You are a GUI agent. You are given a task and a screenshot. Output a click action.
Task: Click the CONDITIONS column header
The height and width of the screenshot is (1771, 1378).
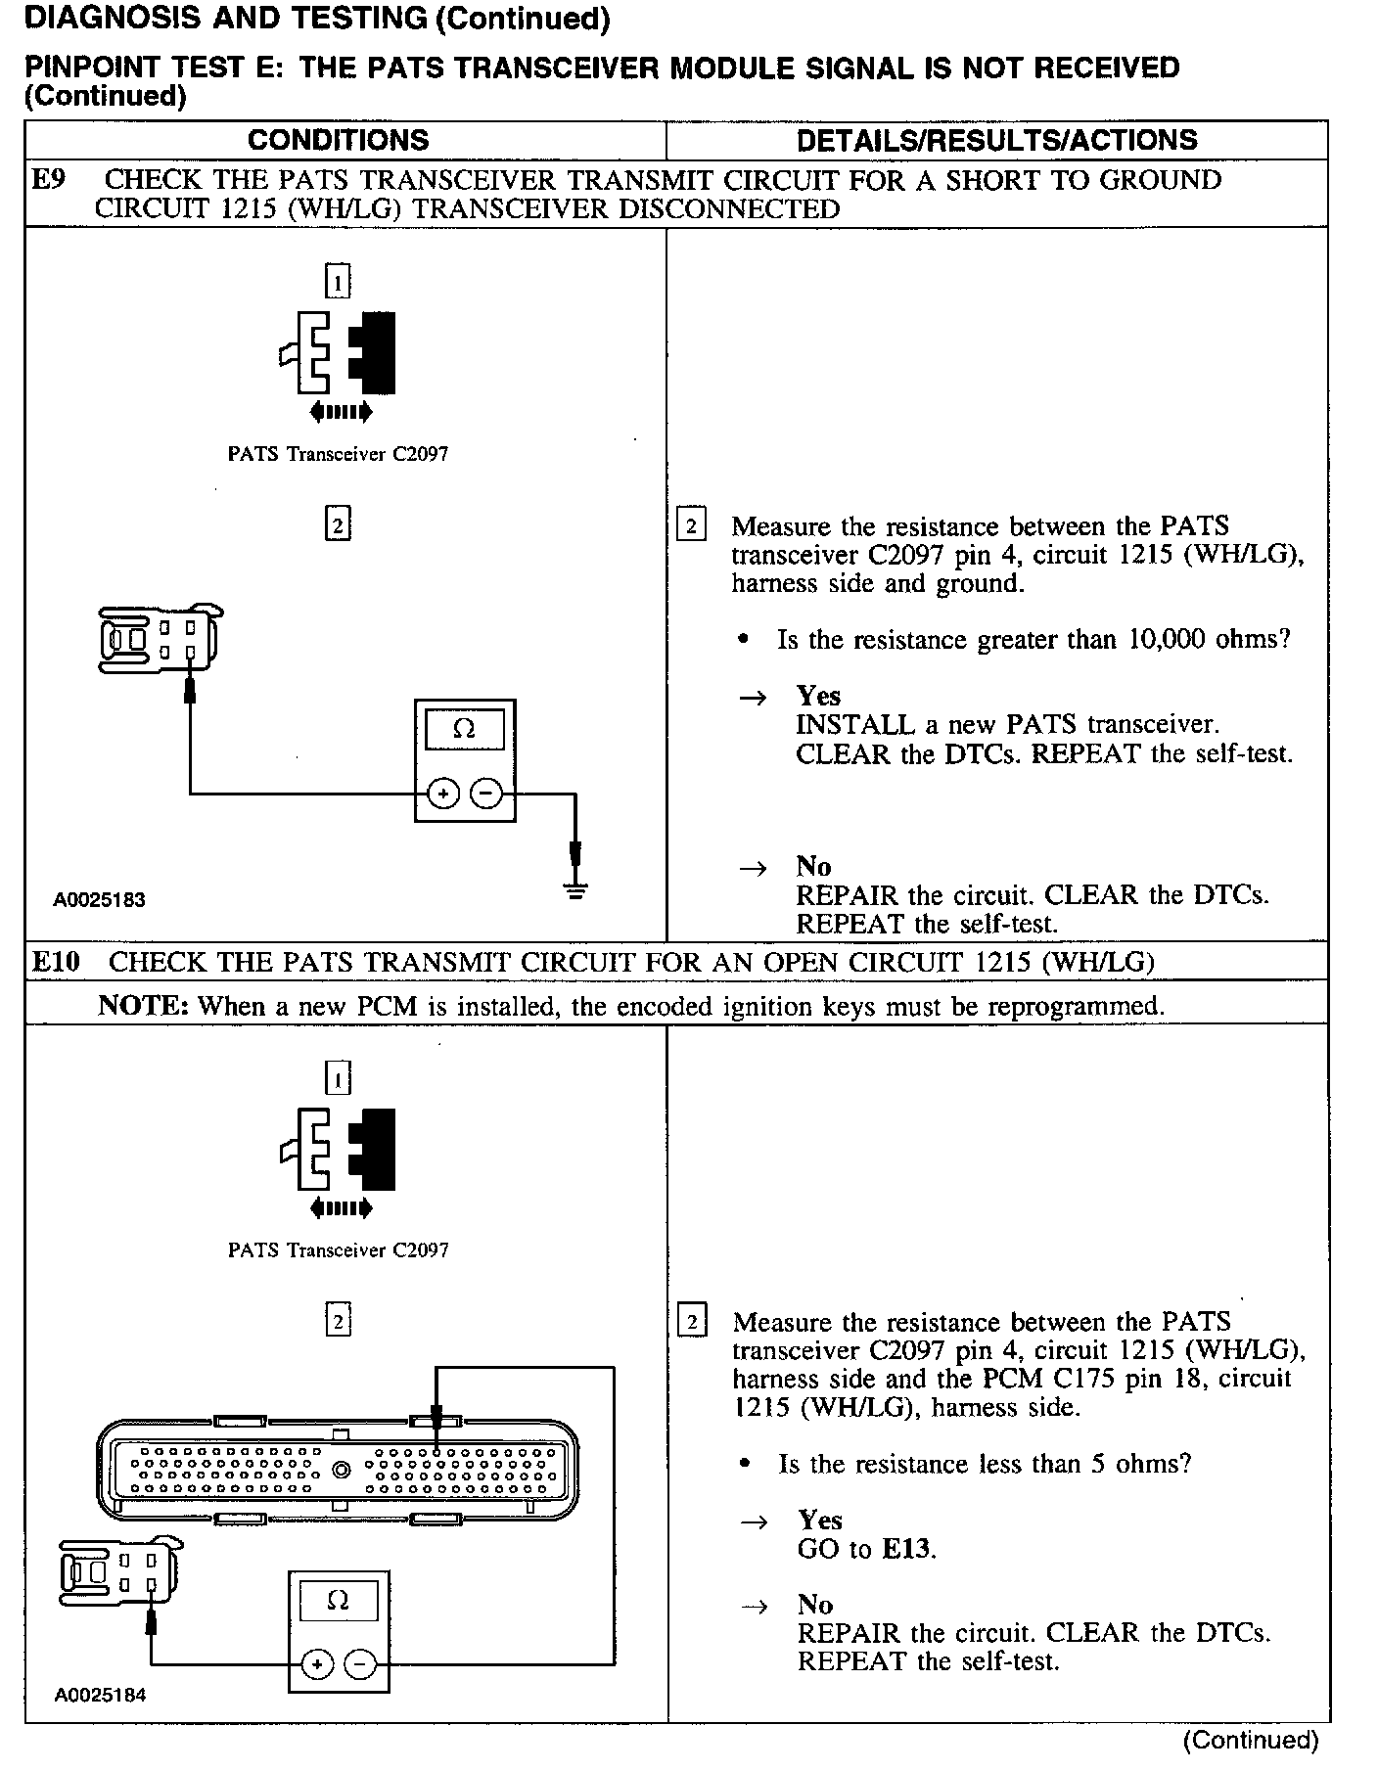338,140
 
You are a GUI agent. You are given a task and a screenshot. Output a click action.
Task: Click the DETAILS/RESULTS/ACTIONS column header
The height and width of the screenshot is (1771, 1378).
996,140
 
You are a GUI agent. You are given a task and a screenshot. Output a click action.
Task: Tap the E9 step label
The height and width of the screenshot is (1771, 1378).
48,180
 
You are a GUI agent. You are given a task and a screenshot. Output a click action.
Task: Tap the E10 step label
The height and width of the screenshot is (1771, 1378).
55,962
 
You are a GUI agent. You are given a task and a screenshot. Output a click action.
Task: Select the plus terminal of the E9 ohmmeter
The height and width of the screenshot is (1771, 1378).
443,794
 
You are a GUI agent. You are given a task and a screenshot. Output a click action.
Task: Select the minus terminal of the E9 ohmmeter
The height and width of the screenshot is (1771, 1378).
486,794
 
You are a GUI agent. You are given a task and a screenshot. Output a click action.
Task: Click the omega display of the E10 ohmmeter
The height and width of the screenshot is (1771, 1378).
338,1600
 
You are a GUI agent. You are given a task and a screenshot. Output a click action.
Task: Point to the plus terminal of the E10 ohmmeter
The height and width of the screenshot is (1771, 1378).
316,1663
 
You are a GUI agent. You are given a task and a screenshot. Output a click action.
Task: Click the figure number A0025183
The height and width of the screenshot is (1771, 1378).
99,900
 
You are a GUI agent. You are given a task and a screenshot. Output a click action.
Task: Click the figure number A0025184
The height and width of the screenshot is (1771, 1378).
99,1696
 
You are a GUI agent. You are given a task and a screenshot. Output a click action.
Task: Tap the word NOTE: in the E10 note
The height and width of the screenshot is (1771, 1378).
143,1006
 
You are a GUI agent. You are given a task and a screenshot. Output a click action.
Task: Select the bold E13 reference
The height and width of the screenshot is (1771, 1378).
906,1549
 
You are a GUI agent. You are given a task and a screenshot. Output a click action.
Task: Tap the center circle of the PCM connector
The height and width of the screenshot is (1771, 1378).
341,1469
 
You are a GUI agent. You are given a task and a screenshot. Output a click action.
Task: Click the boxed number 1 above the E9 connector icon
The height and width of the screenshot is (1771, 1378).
338,283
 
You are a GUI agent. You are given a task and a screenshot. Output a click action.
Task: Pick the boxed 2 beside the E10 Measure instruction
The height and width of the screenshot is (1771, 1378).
692,1323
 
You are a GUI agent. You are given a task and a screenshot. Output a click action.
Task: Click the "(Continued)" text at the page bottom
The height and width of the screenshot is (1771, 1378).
1250,1740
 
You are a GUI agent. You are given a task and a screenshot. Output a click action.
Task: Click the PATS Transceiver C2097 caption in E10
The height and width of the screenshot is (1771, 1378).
338,1250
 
